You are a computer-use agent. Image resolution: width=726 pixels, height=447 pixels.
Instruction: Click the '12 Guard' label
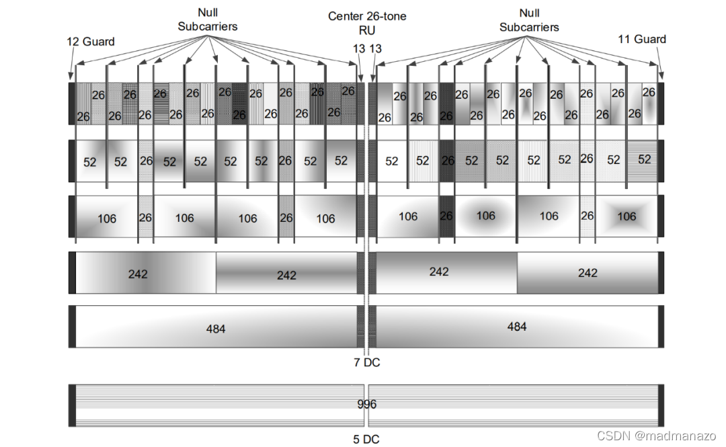coord(91,42)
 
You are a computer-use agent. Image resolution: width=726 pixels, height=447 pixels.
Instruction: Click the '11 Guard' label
coord(642,39)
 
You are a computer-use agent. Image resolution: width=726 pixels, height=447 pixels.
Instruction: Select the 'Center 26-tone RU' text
coord(367,22)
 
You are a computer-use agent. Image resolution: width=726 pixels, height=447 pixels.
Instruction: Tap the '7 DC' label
coord(367,363)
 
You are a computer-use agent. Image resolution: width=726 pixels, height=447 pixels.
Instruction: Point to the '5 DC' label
coord(366,440)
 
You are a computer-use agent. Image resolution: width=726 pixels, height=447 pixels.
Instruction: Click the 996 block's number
coord(367,405)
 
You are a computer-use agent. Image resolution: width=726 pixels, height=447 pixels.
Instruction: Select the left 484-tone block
coord(216,327)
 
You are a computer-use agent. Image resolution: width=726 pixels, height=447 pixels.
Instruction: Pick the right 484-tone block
coord(516,327)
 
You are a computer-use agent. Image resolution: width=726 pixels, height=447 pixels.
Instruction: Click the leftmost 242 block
coord(138,274)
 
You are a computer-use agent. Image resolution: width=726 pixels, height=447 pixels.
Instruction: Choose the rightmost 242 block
coord(587,273)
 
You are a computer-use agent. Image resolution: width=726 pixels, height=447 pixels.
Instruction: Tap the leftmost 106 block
coord(107,218)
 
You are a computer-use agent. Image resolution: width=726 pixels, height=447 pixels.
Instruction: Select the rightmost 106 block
coord(627,216)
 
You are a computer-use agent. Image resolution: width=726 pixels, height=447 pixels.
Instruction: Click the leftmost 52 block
coord(90,161)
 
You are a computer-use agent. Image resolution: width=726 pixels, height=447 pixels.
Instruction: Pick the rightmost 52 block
coord(645,159)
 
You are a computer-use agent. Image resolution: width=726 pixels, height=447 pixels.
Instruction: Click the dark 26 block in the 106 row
coord(446,216)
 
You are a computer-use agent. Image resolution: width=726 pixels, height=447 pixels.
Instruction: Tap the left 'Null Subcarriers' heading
coord(208,19)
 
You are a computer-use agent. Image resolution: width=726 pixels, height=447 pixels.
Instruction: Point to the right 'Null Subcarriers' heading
coord(530,19)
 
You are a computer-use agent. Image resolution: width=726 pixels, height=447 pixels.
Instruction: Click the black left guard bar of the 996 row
coord(72,405)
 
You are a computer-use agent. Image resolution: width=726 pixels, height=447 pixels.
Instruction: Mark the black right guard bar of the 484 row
coord(661,327)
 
